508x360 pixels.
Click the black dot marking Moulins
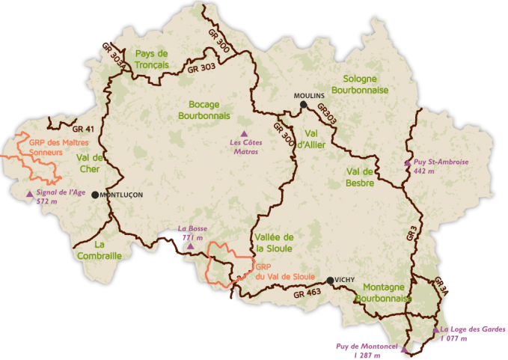tap(304, 106)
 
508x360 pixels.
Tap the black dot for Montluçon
tap(95, 195)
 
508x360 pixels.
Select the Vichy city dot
tap(330, 281)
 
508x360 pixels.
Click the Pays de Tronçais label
tap(152, 59)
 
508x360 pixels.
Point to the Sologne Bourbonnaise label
tap(366, 84)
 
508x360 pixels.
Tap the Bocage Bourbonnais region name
tap(204, 110)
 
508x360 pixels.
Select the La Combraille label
tap(99, 250)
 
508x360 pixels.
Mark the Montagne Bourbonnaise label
tap(384, 292)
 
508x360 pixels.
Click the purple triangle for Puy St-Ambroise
tap(408, 162)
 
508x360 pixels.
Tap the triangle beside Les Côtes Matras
tap(243, 133)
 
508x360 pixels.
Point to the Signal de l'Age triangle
tap(30, 194)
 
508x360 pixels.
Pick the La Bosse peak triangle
tap(190, 245)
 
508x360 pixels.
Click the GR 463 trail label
tap(307, 293)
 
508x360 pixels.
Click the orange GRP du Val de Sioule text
tap(284, 272)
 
